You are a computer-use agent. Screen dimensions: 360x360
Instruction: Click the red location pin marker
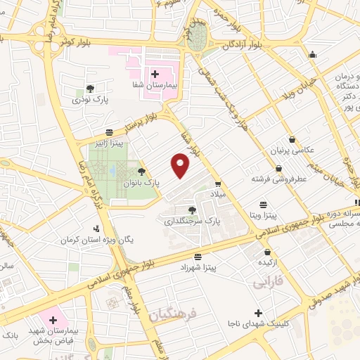[181, 165]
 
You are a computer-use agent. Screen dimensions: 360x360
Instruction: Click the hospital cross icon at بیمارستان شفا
[155, 73]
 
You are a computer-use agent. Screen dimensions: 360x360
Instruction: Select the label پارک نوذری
[91, 100]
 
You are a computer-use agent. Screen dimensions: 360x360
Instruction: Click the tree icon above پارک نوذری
[90, 89]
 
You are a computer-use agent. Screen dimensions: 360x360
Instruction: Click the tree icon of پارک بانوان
[142, 171]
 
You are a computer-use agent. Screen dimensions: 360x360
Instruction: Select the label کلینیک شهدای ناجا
[259, 323]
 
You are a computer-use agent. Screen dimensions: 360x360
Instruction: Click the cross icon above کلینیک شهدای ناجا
[259, 313]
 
